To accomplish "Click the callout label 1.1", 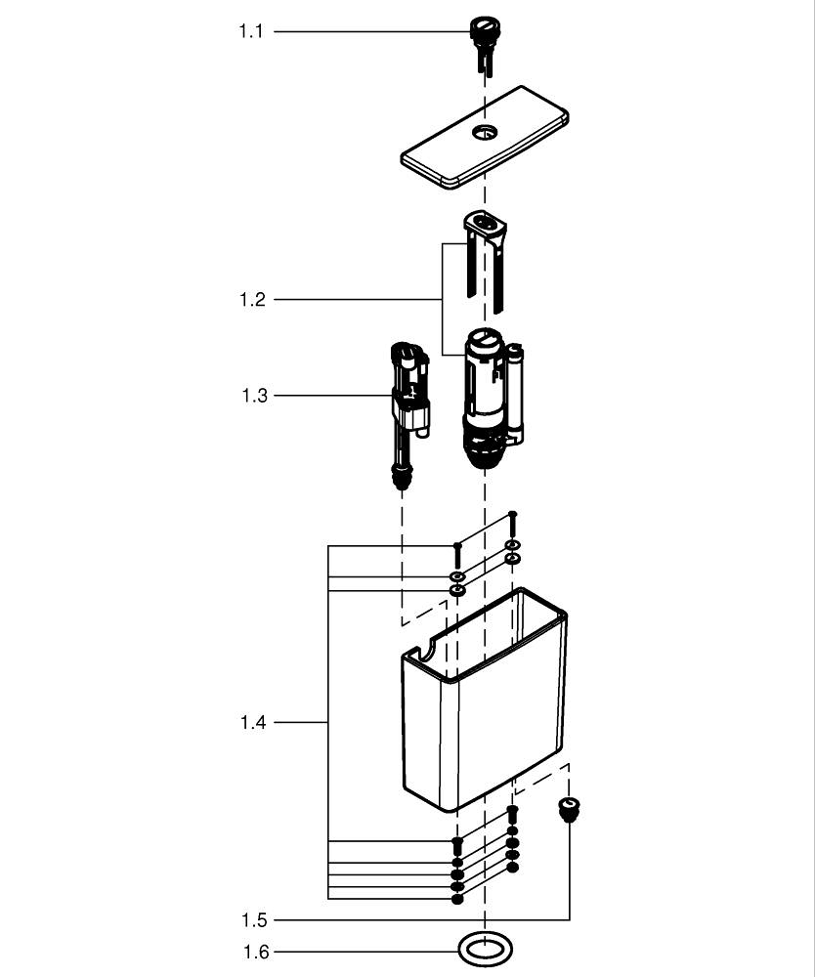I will click(x=251, y=31).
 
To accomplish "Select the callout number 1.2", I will click(x=252, y=299).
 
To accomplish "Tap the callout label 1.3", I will click(x=254, y=396).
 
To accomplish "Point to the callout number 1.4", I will click(x=253, y=723).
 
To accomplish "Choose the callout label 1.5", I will click(x=254, y=920).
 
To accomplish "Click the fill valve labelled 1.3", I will click(x=408, y=401).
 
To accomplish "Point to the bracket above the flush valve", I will click(x=486, y=228).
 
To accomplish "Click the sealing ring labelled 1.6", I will click(x=485, y=948).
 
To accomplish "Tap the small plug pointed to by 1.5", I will click(x=568, y=808).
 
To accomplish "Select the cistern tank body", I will click(x=484, y=723).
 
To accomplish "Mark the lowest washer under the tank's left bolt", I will click(x=456, y=898).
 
